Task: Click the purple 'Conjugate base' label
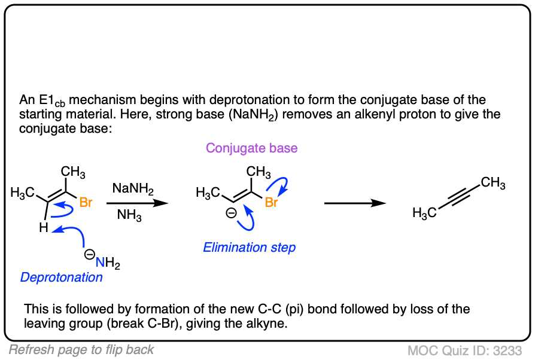(251, 148)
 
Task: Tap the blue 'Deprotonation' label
(62, 277)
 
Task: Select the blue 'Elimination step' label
(249, 248)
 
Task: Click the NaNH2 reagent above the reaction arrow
(133, 190)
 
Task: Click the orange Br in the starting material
(86, 203)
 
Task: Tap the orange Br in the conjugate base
(272, 203)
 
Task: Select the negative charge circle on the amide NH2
(88, 254)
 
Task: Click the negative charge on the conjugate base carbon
(231, 212)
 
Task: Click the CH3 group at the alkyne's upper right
(493, 182)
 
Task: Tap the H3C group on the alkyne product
(424, 213)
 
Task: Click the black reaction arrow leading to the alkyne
(354, 203)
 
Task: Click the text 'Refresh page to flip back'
(81, 350)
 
